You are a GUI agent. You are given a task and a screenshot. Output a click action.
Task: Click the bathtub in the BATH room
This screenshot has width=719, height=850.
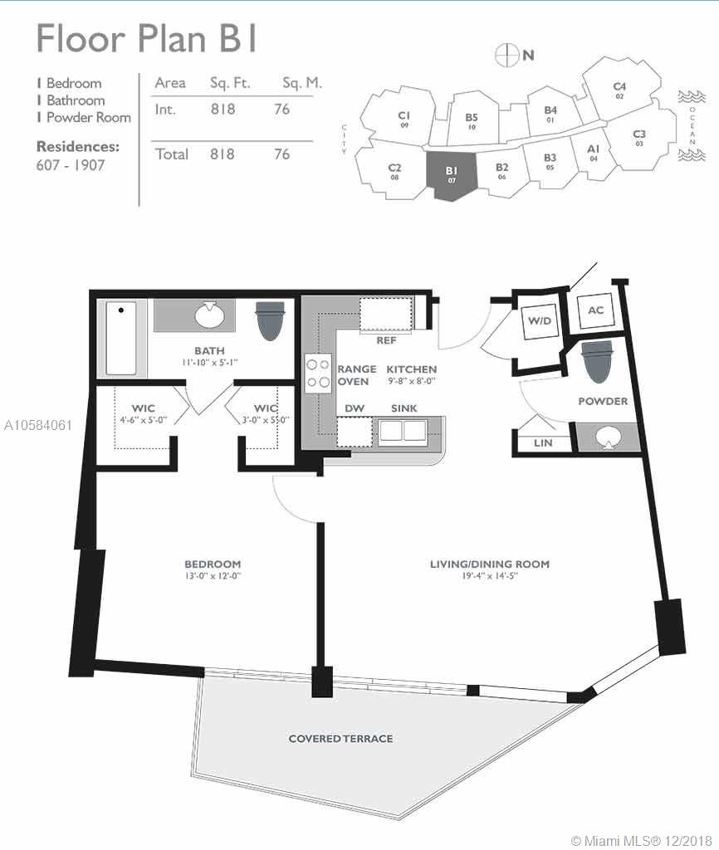tap(121, 338)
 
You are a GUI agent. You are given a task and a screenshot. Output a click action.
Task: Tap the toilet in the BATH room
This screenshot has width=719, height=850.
tap(270, 320)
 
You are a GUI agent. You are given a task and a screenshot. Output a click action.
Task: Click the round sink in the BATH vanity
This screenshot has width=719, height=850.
tap(209, 315)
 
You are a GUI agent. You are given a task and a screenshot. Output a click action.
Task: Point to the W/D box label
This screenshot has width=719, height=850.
tap(540, 320)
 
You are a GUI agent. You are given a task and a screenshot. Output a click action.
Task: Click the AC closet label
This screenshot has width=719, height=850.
tap(595, 310)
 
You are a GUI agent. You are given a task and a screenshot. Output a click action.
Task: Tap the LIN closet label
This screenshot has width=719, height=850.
tap(543, 443)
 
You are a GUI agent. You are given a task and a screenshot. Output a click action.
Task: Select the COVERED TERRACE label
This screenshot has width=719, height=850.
tap(340, 738)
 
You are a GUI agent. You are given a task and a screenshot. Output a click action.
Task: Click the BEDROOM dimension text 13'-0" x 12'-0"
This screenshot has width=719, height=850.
tap(213, 576)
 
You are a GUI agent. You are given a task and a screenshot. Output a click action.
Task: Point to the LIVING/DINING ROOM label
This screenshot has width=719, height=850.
tap(490, 564)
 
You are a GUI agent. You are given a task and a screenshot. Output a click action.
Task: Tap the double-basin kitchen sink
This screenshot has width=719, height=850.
tap(403, 431)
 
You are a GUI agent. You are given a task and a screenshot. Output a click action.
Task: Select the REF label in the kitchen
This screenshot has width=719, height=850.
tap(386, 340)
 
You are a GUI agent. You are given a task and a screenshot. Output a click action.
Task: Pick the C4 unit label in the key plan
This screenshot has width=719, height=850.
tap(619, 86)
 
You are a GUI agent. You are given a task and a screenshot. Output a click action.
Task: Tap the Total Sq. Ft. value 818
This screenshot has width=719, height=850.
tap(223, 154)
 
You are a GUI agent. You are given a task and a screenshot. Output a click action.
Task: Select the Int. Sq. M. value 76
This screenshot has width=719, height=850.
tap(282, 109)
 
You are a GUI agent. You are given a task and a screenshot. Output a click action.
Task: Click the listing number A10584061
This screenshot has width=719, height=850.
tap(38, 426)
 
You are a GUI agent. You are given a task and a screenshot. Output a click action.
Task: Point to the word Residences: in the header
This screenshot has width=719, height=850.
tap(78, 146)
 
